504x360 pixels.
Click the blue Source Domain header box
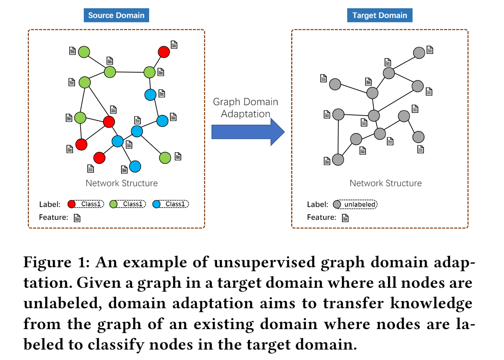[116, 16]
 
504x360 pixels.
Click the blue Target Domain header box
[379, 16]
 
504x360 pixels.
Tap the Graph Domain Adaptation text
[245, 108]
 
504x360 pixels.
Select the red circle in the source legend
[72, 204]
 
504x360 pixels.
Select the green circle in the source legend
[113, 204]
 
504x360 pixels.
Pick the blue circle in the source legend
[156, 204]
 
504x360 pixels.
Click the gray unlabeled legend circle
[337, 205]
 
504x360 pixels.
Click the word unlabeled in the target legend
[360, 205]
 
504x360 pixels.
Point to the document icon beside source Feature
[77, 218]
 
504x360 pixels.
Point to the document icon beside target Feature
[345, 218]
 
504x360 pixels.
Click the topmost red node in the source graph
[164, 52]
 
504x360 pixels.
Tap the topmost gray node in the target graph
[419, 53]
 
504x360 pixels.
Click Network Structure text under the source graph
[121, 183]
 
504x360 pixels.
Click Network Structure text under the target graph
[385, 183]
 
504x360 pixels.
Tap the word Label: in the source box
[50, 205]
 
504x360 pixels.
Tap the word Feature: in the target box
[321, 218]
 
